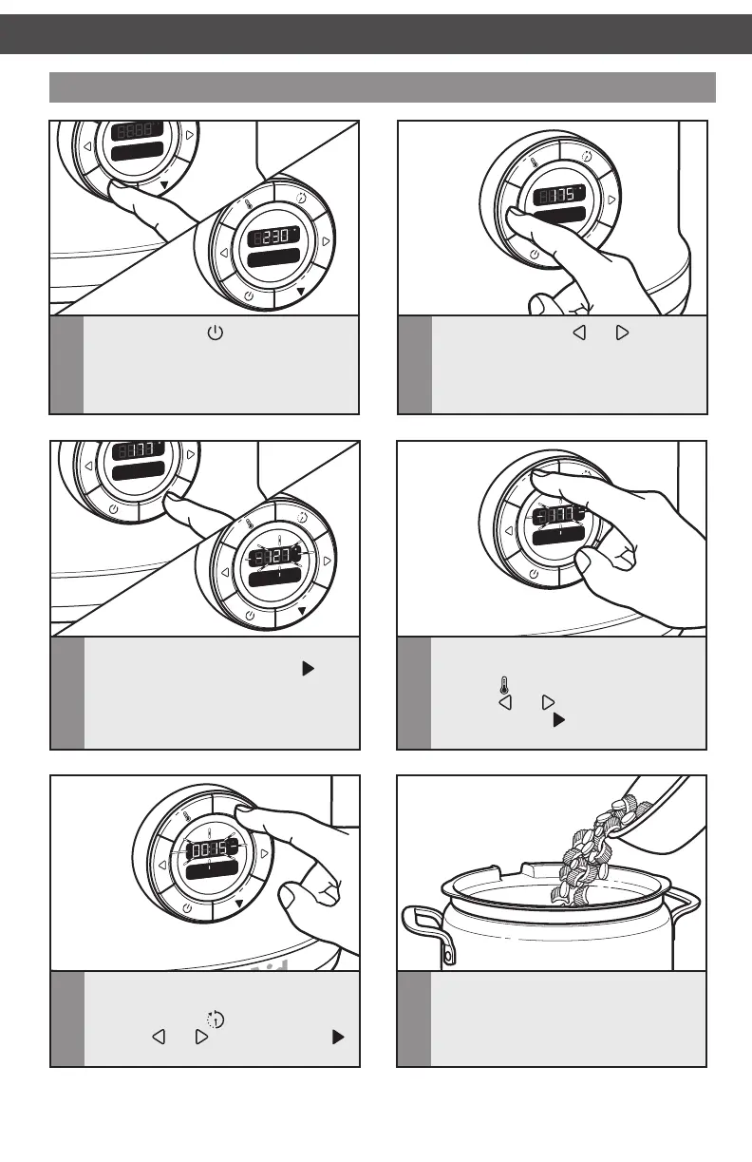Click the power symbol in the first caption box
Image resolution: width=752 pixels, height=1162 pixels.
click(214, 333)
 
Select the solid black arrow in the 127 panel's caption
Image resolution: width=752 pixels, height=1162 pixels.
click(307, 670)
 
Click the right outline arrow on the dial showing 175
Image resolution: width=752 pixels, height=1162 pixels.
click(611, 200)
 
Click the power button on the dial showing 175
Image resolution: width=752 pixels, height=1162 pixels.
click(534, 254)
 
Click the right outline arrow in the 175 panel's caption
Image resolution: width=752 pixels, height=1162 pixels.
click(623, 334)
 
